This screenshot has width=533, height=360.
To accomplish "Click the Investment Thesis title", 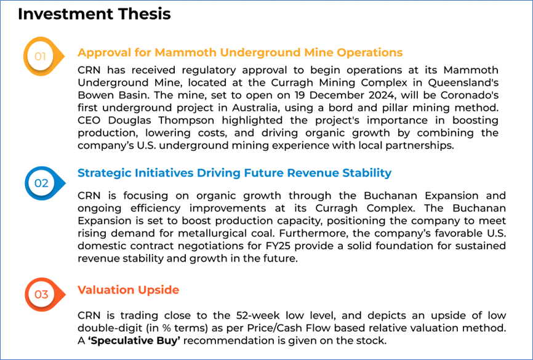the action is (x=94, y=14).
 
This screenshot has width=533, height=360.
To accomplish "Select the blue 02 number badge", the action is (x=44, y=183).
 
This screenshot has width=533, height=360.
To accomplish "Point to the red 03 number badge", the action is (x=44, y=294).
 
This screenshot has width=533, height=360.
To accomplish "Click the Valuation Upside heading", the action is (x=128, y=290).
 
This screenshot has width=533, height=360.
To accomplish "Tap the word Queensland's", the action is (x=463, y=83).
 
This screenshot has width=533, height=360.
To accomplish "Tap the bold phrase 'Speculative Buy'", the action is (x=134, y=341).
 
